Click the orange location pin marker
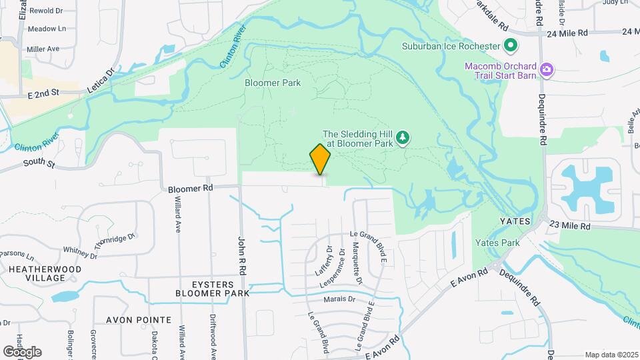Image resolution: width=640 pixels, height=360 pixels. point(321,159)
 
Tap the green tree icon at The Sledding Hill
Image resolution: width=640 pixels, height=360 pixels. point(403,138)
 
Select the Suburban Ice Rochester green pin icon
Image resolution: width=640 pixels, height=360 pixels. point(511,46)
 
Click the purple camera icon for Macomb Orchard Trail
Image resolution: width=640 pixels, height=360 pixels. point(547,69)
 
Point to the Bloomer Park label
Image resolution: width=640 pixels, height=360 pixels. point(273,83)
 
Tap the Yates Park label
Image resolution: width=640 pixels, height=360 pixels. point(497,243)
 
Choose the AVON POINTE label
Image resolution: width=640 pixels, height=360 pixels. point(127,319)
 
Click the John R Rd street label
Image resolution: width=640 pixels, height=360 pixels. point(243,253)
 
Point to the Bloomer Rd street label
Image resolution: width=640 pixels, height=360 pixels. point(190,188)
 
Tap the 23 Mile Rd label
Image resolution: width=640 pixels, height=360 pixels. point(570,227)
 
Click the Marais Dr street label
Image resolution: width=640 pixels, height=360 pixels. point(338,299)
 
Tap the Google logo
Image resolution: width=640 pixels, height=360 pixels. point(22,351)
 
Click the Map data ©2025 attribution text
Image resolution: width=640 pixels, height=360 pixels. point(611,355)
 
